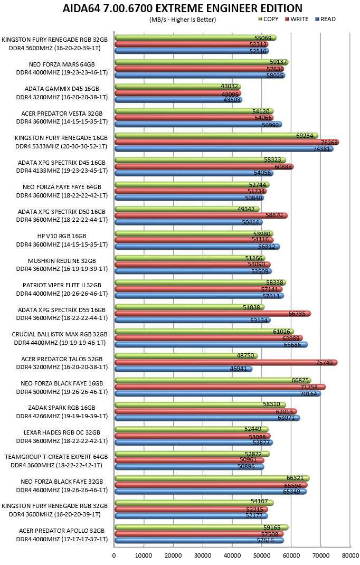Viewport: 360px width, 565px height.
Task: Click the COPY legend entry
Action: (x=269, y=19)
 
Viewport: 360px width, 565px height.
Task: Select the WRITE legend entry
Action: (x=297, y=19)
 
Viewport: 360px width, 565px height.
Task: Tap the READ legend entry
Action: (x=325, y=19)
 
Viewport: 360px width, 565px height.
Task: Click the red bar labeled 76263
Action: (x=227, y=143)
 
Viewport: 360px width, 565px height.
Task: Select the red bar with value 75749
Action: (x=226, y=362)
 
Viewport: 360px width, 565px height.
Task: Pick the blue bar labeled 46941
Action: (x=184, y=369)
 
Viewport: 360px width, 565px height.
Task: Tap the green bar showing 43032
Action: (x=178, y=87)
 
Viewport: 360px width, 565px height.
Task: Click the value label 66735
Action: (x=297, y=314)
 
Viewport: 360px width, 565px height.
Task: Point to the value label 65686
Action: (x=292, y=345)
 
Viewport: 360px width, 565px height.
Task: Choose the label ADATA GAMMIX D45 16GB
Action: (x=62, y=89)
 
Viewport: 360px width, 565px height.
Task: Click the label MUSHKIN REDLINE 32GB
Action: (x=62, y=260)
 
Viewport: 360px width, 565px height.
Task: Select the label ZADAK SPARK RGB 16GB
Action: (x=62, y=408)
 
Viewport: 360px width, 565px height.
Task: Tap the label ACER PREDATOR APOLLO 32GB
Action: (x=62, y=530)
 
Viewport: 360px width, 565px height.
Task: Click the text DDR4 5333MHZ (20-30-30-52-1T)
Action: (x=62, y=146)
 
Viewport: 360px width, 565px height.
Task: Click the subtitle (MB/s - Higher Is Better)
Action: (x=183, y=20)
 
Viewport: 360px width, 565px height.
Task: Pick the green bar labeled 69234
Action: (x=216, y=136)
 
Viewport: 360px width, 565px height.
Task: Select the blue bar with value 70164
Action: (x=218, y=393)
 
